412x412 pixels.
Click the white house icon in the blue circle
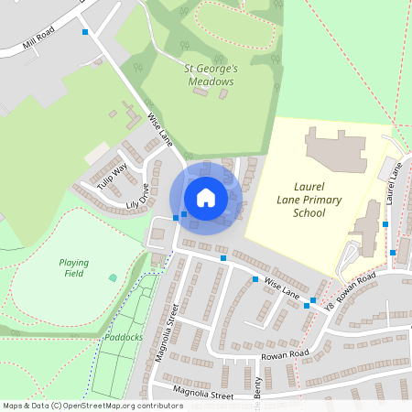pyautogui.click(x=206, y=197)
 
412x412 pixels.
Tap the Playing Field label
pyautogui.click(x=73, y=267)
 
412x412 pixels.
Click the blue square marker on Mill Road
pyautogui.click(x=85, y=32)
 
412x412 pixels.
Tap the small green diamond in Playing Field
pyautogui.click(x=113, y=276)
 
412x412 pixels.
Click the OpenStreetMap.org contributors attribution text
pyautogui.click(x=125, y=405)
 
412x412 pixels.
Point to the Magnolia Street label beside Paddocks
pyautogui.click(x=166, y=331)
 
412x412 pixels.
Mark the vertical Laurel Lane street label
pyautogui.click(x=394, y=182)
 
